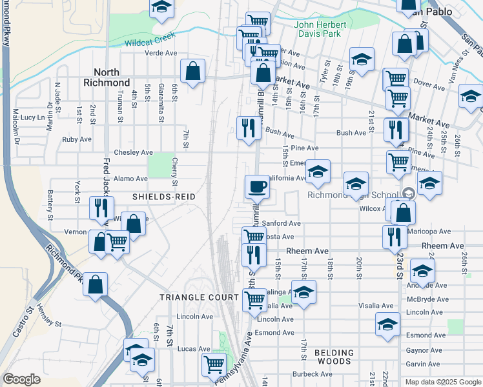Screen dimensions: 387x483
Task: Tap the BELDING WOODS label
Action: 334,357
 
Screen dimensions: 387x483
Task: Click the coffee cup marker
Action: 257,187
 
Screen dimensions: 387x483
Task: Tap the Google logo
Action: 21,379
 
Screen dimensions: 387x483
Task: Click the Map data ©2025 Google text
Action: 442,382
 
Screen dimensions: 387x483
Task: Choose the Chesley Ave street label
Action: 133,153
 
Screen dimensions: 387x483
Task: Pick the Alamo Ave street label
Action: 130,179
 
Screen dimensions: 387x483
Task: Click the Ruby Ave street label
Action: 76,139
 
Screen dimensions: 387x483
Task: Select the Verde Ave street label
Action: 161,54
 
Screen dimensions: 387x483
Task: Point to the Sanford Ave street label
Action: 282,223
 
